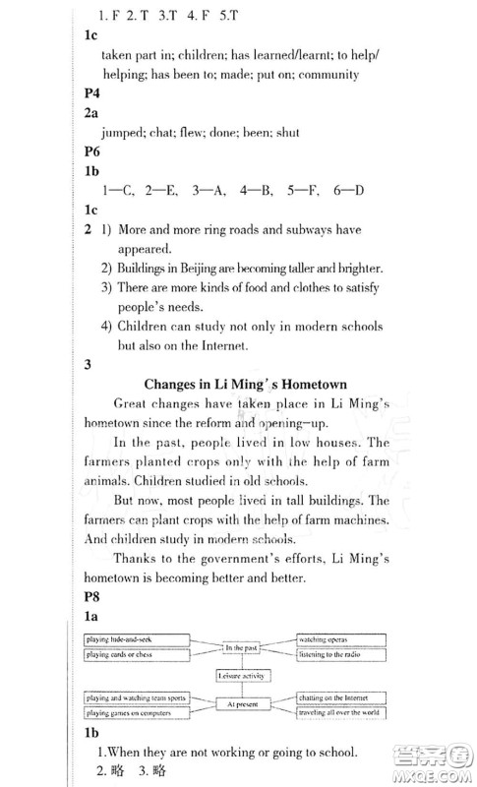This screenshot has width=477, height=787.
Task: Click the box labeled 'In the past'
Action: click(240, 647)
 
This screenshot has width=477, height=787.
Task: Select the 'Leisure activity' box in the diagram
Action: click(240, 675)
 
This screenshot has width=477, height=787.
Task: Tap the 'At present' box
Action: click(240, 703)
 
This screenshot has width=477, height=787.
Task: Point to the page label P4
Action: click(92, 93)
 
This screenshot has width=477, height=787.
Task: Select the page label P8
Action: click(92, 596)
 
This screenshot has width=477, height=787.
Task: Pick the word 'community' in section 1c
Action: click(326, 75)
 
